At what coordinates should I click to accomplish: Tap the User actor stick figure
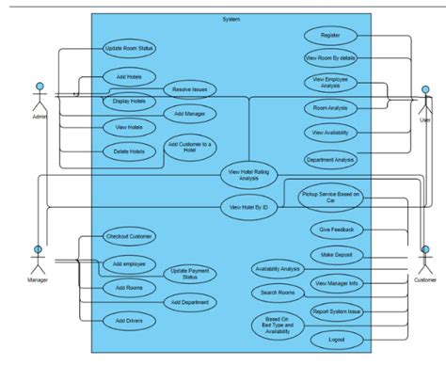coord(425,100)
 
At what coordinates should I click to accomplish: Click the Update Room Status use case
coord(128,48)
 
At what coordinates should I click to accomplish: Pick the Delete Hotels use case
coord(128,151)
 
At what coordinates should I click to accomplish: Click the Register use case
coord(329,35)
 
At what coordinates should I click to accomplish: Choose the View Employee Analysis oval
coord(329,84)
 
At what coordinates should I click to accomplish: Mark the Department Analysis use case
coord(329,159)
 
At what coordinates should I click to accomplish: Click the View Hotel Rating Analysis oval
coord(249,173)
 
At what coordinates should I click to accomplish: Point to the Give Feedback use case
coord(336,229)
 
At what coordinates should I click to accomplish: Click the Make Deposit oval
coord(336,255)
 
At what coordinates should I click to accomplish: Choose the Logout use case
coord(336,339)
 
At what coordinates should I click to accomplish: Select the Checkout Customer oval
coord(128,237)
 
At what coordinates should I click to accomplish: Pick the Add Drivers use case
coord(128,321)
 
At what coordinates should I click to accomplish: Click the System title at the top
coord(231,20)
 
